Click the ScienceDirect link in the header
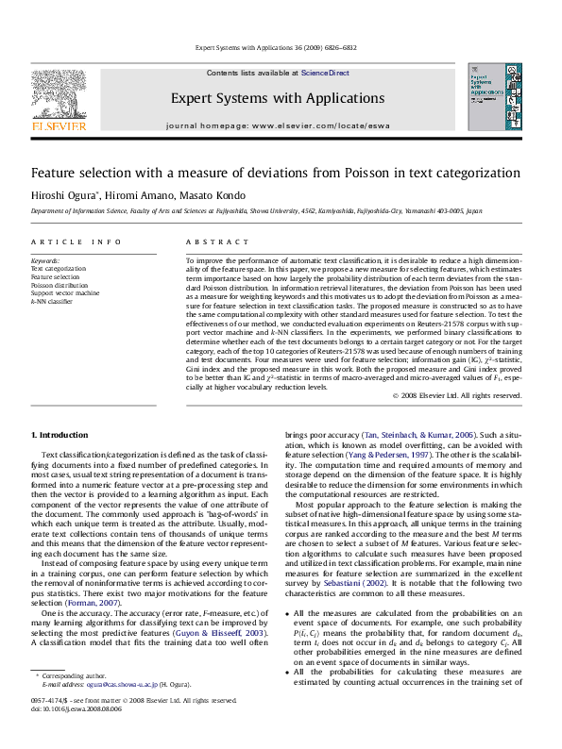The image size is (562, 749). [326, 73]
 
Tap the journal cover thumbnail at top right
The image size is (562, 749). [493, 97]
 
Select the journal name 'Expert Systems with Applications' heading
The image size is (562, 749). [277, 98]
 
